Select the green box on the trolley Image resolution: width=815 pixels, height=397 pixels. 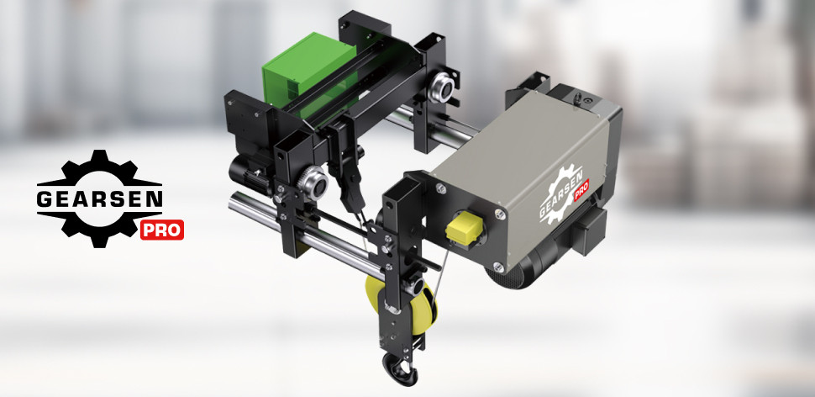(308, 73)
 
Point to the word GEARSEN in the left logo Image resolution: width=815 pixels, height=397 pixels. (100, 198)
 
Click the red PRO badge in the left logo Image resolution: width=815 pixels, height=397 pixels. (161, 230)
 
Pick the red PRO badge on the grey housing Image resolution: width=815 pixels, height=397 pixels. (581, 189)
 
